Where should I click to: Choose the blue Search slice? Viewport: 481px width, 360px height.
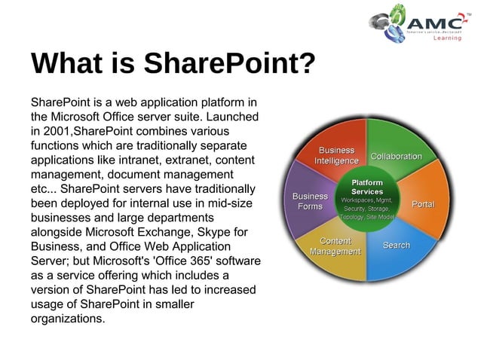(x=396, y=246)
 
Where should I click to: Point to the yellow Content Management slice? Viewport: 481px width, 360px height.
(x=335, y=246)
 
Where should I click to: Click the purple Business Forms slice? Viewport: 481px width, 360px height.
(x=310, y=201)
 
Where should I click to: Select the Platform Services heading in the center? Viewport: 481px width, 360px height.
(x=367, y=187)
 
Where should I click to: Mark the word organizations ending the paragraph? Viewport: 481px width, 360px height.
(x=67, y=318)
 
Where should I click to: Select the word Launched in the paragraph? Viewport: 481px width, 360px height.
(x=234, y=117)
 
